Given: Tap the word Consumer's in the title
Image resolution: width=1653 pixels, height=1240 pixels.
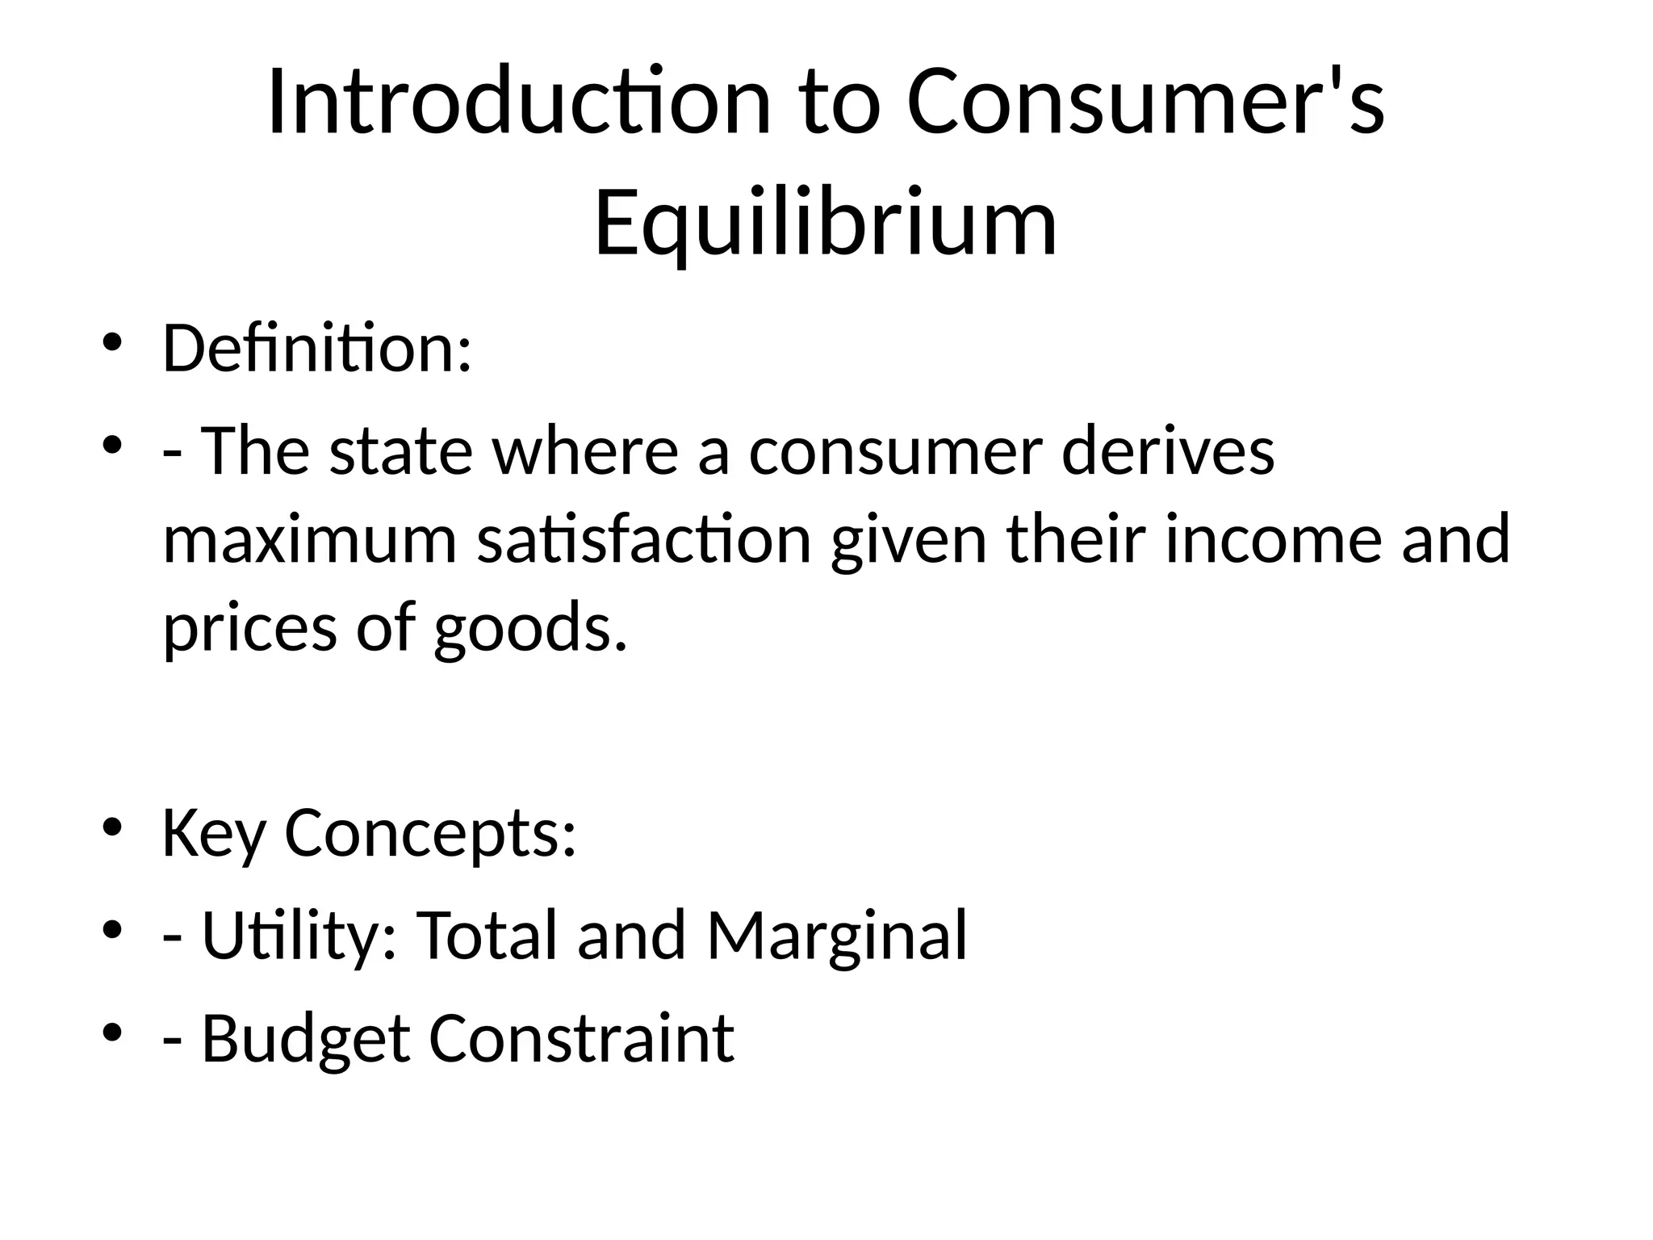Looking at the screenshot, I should tap(1146, 103).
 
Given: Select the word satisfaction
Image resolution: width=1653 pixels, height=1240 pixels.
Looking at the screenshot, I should tap(643, 539).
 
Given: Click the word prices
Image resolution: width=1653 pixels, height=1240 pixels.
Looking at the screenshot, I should tap(249, 628).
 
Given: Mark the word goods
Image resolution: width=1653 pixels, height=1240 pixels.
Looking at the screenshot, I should tap(530, 628).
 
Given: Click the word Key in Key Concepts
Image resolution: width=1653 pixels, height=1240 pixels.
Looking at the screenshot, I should tap(213, 834).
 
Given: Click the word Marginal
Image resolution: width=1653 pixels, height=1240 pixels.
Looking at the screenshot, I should tap(837, 936).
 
